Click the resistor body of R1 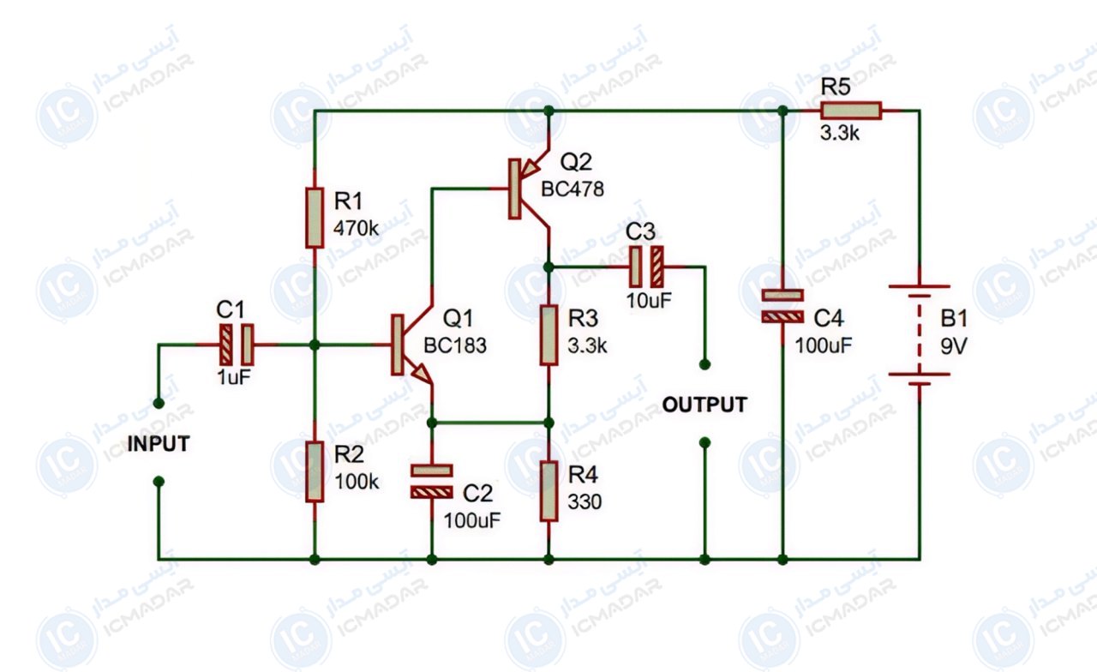[x=315, y=218]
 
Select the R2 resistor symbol [x=315, y=471]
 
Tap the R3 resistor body [x=548, y=335]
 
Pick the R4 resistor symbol [x=548, y=491]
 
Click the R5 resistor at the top [x=851, y=111]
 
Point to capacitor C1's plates [x=236, y=345]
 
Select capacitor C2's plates [x=431, y=481]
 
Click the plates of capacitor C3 [x=646, y=267]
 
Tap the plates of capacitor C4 [x=782, y=306]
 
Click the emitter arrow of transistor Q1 [x=422, y=375]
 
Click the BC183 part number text [x=455, y=345]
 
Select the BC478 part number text [x=572, y=189]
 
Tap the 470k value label [x=356, y=228]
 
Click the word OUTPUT [x=704, y=405]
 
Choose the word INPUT [x=159, y=444]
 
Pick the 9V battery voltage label [x=953, y=346]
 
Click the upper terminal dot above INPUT [x=159, y=403]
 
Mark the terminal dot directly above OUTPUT [x=704, y=364]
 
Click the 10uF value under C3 [x=649, y=301]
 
